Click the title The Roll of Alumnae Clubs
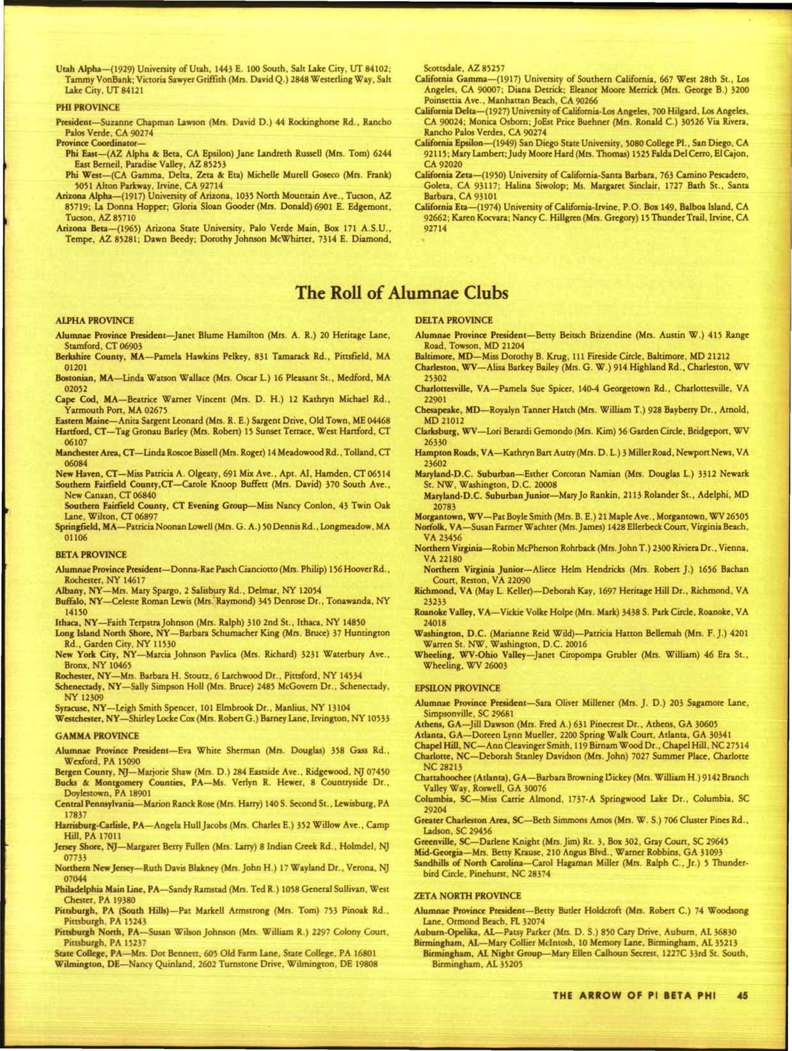point(401,293)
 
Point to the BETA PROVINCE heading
point(91,554)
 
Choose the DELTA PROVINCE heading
point(454,319)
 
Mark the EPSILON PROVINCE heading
point(457,688)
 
